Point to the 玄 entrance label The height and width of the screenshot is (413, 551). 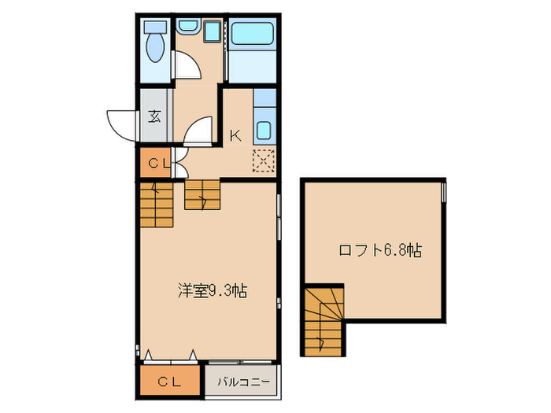pos(155,117)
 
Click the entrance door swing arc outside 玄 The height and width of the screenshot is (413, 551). pos(120,123)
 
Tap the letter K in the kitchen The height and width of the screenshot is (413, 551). pos(235,135)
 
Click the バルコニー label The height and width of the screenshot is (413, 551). pos(243,383)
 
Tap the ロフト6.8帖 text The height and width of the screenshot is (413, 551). pos(380,251)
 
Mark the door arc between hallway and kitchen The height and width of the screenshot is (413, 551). pos(200,131)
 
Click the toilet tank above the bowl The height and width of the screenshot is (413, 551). pos(155,26)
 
